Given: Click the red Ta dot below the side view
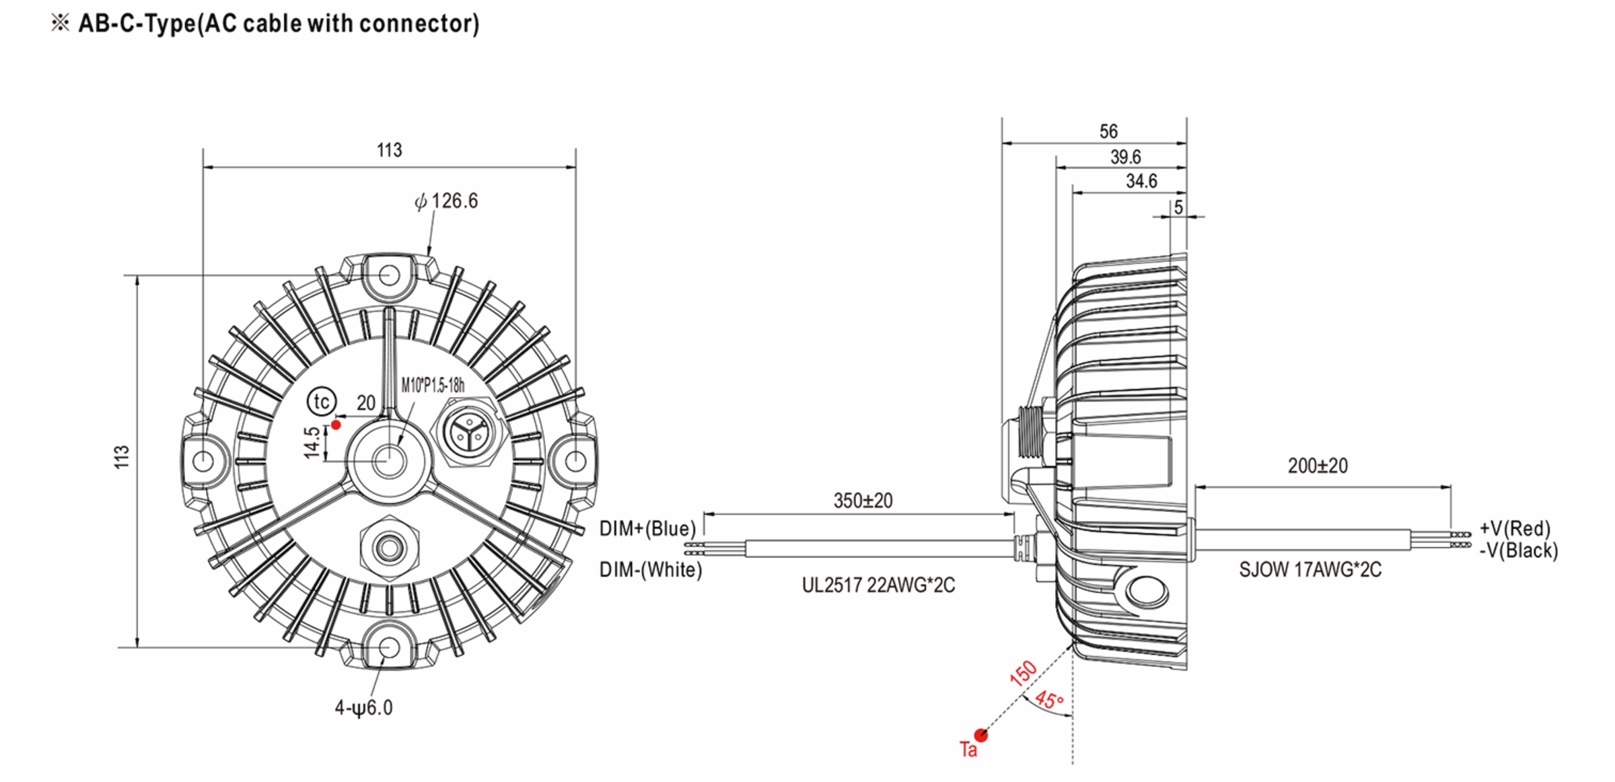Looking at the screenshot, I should [x=981, y=735].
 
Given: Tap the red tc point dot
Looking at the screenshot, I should [x=336, y=425].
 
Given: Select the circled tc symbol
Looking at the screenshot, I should [x=322, y=402].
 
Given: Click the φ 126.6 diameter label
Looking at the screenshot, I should [x=446, y=201].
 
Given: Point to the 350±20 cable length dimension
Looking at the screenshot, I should [x=863, y=501].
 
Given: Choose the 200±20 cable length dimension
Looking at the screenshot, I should [x=1318, y=466].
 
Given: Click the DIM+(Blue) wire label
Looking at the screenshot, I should [x=647, y=529].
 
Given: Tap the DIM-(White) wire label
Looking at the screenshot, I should [x=650, y=570].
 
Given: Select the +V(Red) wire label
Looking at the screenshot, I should [x=1514, y=528].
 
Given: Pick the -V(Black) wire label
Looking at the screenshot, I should [x=1518, y=550].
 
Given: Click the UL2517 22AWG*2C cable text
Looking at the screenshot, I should [x=877, y=585].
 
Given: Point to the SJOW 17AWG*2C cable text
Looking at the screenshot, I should [x=1309, y=570].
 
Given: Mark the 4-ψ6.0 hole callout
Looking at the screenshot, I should [x=363, y=707].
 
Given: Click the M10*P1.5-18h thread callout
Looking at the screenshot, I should [x=433, y=385].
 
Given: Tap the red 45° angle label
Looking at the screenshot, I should [x=1048, y=700].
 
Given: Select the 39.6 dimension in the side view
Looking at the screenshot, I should [x=1125, y=157].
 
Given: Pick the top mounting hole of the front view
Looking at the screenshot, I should [x=389, y=275].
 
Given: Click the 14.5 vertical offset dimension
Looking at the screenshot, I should [x=312, y=442].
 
